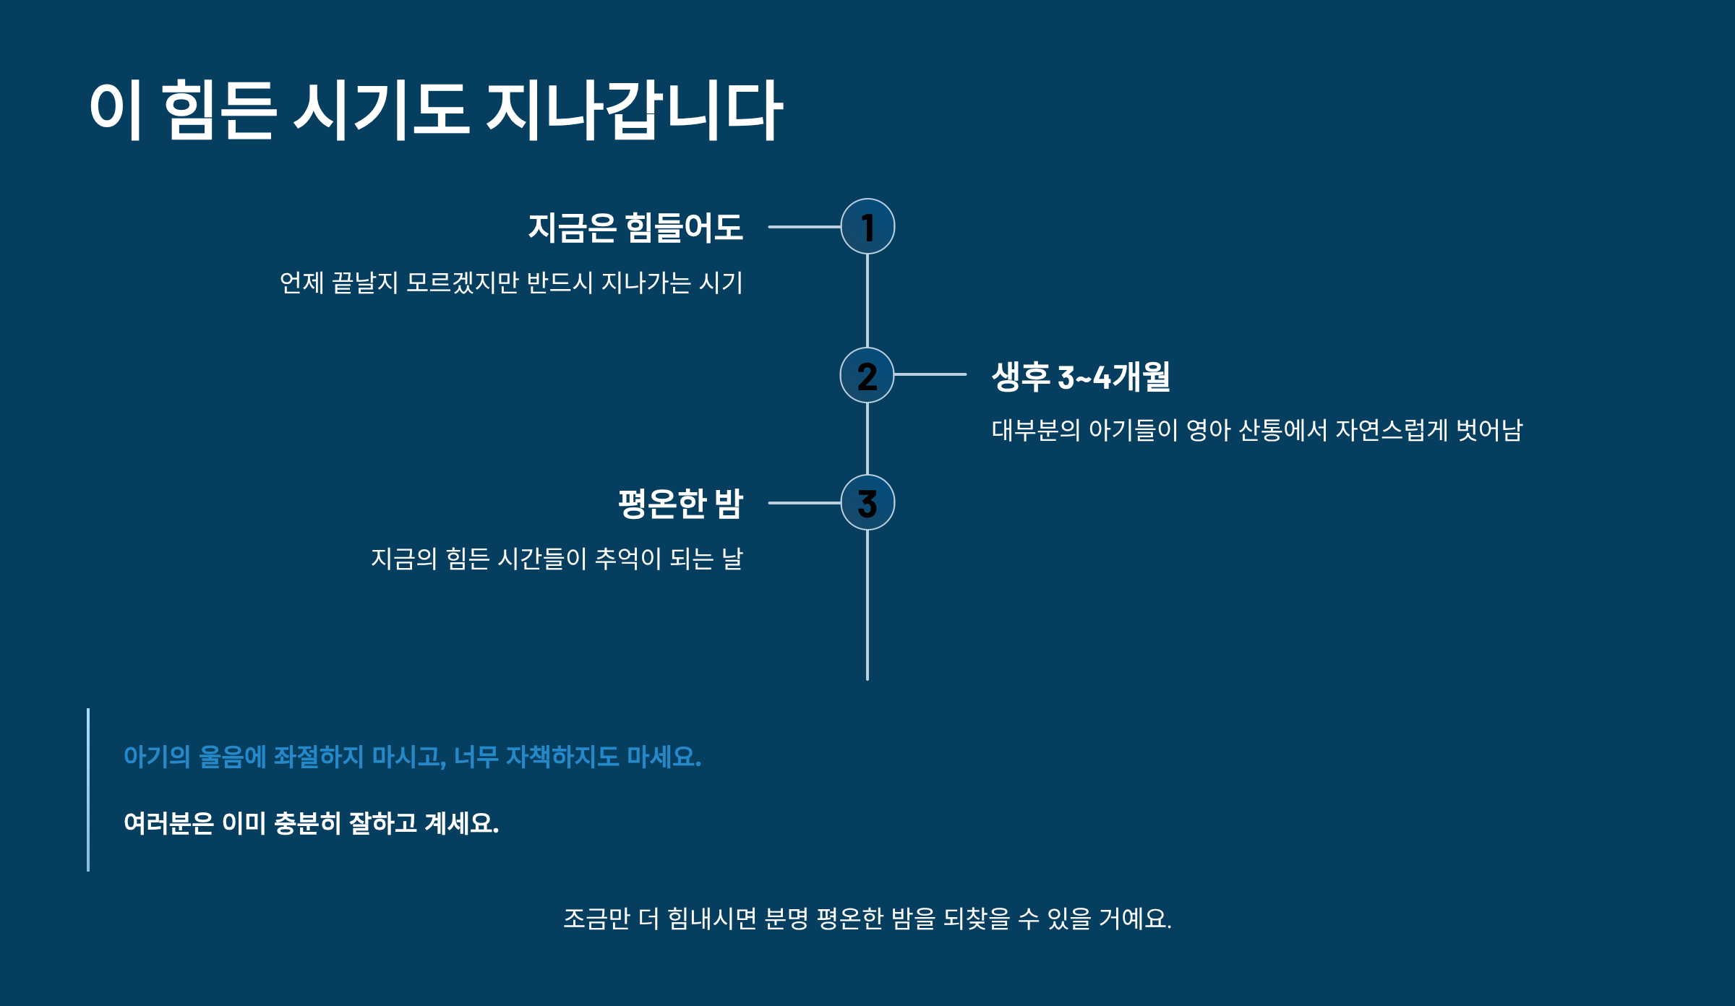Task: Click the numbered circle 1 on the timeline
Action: click(x=867, y=226)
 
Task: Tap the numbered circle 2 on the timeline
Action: click(x=867, y=375)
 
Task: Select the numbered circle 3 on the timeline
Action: click(x=867, y=502)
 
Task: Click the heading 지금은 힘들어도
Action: click(x=635, y=227)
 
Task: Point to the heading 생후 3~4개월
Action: click(x=1081, y=377)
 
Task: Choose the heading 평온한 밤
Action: click(x=680, y=503)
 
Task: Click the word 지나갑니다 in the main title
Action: click(x=634, y=111)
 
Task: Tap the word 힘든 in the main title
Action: click(x=218, y=111)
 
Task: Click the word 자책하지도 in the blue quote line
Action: click(x=562, y=757)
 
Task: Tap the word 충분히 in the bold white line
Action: click(x=307, y=823)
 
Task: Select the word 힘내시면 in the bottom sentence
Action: click(x=711, y=919)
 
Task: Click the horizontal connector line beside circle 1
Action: click(x=804, y=226)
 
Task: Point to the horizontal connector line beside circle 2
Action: click(x=930, y=374)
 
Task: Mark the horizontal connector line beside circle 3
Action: click(x=804, y=502)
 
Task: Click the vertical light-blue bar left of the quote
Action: click(x=88, y=789)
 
